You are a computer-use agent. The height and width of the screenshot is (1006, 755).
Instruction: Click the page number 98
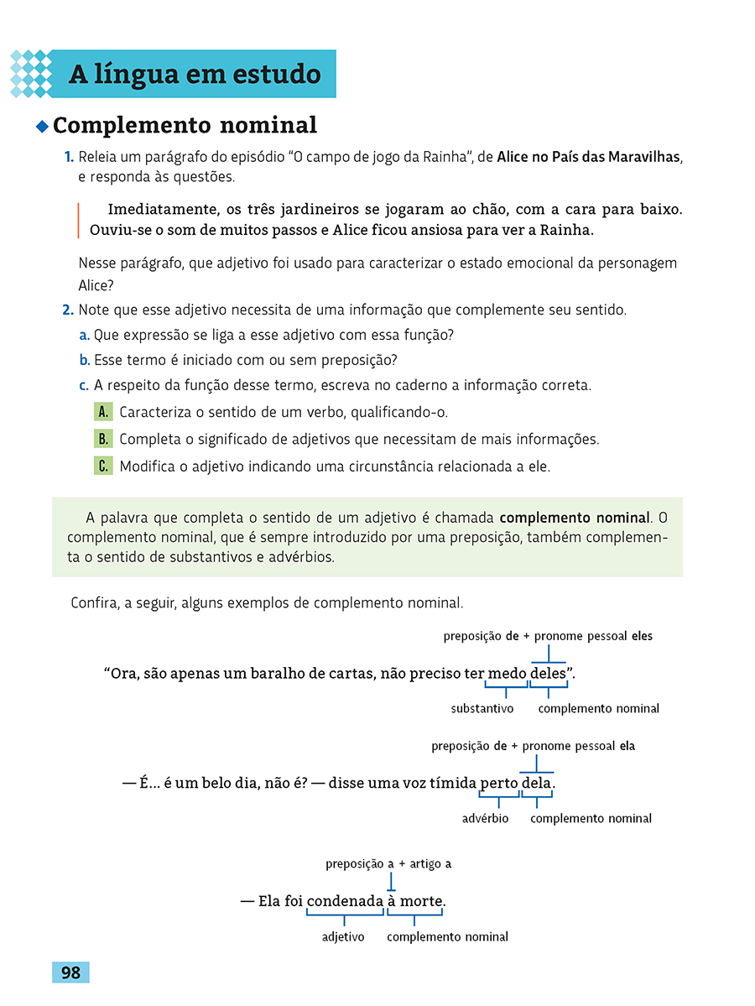(70, 972)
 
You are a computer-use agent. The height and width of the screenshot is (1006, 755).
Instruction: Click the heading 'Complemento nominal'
(185, 126)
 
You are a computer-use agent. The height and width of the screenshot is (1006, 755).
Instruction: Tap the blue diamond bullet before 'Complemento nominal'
(42, 127)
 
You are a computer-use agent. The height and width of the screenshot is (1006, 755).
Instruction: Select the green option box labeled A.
(103, 412)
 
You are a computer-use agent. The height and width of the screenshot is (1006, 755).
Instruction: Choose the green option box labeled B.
(103, 439)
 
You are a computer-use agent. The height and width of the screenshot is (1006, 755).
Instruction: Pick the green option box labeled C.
(103, 467)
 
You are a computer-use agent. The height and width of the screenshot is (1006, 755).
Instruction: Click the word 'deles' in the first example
(549, 674)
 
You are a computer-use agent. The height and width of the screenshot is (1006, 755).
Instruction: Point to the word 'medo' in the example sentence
(506, 674)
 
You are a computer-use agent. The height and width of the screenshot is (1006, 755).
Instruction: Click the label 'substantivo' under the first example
(482, 709)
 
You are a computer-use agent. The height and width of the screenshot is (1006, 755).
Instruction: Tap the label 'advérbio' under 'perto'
(485, 818)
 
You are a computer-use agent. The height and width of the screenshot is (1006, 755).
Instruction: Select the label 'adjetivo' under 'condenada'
(343, 936)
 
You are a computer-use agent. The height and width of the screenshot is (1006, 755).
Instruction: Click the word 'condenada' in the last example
(345, 902)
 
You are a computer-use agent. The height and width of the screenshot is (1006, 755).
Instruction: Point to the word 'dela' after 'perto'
(536, 784)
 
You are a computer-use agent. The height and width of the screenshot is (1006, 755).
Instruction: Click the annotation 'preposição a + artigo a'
(388, 863)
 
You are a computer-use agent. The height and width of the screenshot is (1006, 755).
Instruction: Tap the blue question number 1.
(68, 157)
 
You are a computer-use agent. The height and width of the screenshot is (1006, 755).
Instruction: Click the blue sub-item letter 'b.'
(84, 360)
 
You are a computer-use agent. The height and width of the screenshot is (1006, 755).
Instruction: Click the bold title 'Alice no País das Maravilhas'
(588, 157)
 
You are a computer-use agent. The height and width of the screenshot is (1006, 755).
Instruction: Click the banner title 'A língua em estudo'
(195, 75)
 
